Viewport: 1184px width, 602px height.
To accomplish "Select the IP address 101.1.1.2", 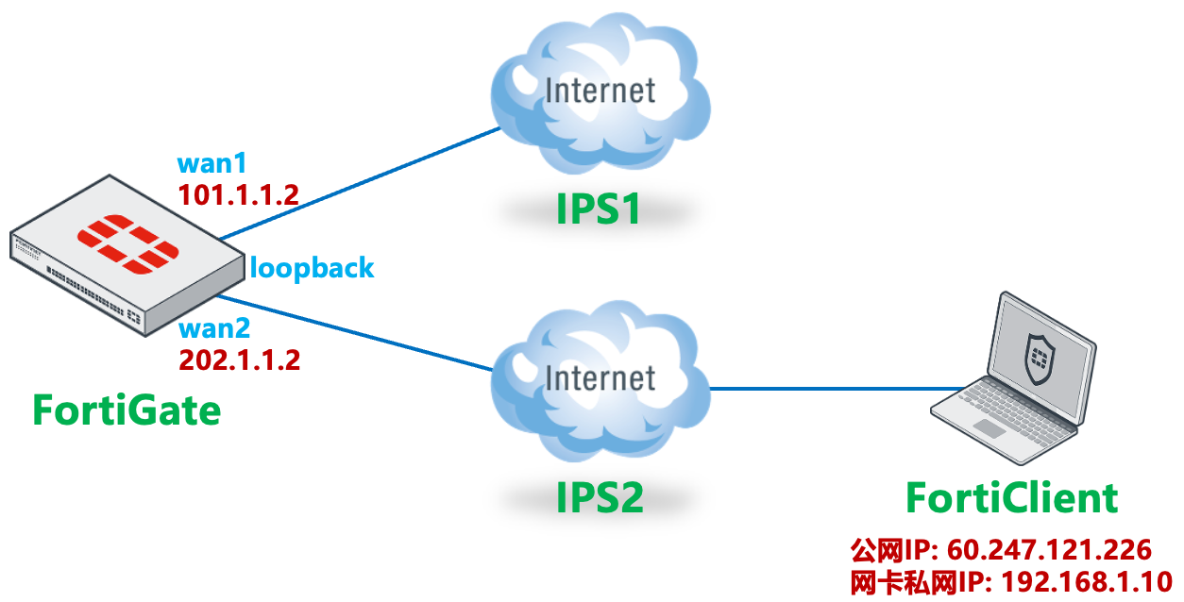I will pyautogui.click(x=238, y=195).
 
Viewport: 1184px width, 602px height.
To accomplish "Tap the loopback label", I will pyautogui.click(x=312, y=268).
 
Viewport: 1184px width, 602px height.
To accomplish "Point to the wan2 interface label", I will pyautogui.click(x=214, y=330).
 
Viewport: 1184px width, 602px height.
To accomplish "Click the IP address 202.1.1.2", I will pyautogui.click(x=239, y=360).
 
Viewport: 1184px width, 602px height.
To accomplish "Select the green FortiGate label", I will pyautogui.click(x=127, y=410).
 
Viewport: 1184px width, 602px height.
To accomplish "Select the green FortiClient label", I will pyautogui.click(x=1011, y=497).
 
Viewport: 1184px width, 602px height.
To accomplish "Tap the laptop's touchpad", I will pyautogui.click(x=989, y=429).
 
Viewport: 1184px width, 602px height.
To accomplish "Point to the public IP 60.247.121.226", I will pyautogui.click(x=1048, y=550).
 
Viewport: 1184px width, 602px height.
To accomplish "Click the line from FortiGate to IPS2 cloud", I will pyautogui.click(x=368, y=335).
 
